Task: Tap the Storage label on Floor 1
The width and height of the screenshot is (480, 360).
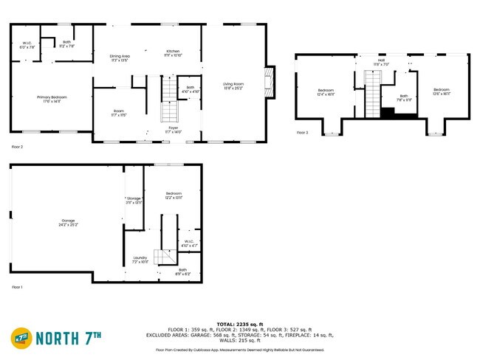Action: click(134, 198)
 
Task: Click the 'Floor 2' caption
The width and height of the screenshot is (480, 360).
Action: click(17, 147)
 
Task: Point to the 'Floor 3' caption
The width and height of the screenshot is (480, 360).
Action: click(303, 133)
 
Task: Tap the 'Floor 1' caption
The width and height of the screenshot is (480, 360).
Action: click(17, 287)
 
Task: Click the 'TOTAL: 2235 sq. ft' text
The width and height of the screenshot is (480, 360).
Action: click(239, 324)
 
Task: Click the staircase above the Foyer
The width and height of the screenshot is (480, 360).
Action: click(171, 100)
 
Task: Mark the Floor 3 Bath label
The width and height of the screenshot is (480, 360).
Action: click(404, 96)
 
